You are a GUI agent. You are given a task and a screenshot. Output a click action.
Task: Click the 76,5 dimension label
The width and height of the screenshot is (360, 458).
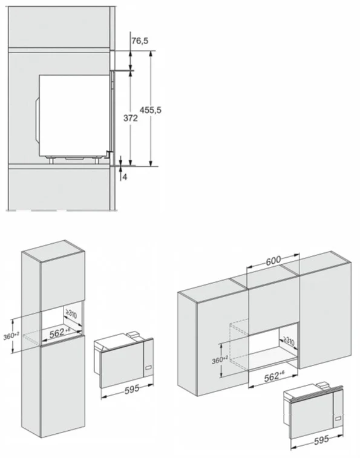140,41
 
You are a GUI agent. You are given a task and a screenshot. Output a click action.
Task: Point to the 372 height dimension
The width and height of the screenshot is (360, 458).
130,119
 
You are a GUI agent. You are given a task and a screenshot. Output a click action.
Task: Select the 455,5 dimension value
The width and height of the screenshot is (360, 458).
151,110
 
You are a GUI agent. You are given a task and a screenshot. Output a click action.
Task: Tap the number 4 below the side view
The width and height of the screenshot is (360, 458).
125,177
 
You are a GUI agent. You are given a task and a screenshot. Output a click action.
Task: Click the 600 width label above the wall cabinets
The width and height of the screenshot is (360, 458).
273,260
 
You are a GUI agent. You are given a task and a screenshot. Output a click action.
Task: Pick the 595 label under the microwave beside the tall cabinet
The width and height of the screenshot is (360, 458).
132,390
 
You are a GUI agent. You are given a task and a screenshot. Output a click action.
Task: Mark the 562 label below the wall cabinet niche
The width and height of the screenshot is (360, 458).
274,377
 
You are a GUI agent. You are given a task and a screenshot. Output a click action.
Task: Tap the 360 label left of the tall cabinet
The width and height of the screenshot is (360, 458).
11,336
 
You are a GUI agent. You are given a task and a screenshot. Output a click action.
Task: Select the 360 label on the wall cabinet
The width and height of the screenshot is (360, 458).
220,360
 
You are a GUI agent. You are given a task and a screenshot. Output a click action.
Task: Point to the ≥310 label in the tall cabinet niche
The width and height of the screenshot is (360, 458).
71,315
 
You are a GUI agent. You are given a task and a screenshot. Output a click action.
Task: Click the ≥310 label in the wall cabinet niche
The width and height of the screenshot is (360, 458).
289,341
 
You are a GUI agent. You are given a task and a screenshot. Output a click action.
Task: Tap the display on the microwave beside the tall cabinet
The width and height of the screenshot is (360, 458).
149,367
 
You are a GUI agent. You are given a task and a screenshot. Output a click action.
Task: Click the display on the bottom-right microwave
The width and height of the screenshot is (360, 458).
339,419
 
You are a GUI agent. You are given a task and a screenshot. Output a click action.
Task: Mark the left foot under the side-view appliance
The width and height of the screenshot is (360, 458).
51,160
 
